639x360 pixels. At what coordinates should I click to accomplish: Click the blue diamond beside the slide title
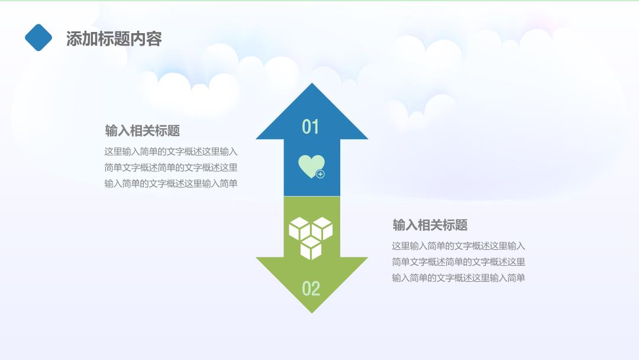pyautogui.click(x=38, y=37)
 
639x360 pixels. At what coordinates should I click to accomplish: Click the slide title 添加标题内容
pyautogui.click(x=114, y=38)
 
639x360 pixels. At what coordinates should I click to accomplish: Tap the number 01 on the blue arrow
pyautogui.click(x=311, y=127)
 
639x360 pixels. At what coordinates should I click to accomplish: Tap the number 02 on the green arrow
pyautogui.click(x=311, y=289)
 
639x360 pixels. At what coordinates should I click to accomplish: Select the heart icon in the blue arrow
pyautogui.click(x=311, y=166)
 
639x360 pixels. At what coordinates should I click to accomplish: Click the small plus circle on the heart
pyautogui.click(x=320, y=174)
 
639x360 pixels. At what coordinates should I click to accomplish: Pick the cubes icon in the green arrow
pyautogui.click(x=311, y=238)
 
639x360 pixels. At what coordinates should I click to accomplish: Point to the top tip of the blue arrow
pyautogui.click(x=312, y=83)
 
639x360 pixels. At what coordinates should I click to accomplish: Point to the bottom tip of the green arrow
pyautogui.click(x=312, y=313)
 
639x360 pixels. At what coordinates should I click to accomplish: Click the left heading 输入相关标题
pyautogui.click(x=142, y=131)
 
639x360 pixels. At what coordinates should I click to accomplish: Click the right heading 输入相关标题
pyautogui.click(x=430, y=225)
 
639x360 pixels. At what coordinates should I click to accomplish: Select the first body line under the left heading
pyautogui.click(x=171, y=152)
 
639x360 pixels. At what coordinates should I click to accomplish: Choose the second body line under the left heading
pyautogui.click(x=171, y=168)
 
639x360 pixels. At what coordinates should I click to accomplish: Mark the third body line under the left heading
pyautogui.click(x=171, y=184)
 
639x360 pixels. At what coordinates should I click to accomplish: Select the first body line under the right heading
pyautogui.click(x=459, y=246)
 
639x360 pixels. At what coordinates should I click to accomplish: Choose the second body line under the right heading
pyautogui.click(x=459, y=262)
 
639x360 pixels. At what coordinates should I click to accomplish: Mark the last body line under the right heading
pyautogui.click(x=459, y=278)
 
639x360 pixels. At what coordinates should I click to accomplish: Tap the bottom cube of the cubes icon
pyautogui.click(x=311, y=248)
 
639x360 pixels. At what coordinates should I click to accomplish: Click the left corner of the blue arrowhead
pyautogui.click(x=256, y=139)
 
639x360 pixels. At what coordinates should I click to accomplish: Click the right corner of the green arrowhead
pyautogui.click(x=367, y=257)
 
